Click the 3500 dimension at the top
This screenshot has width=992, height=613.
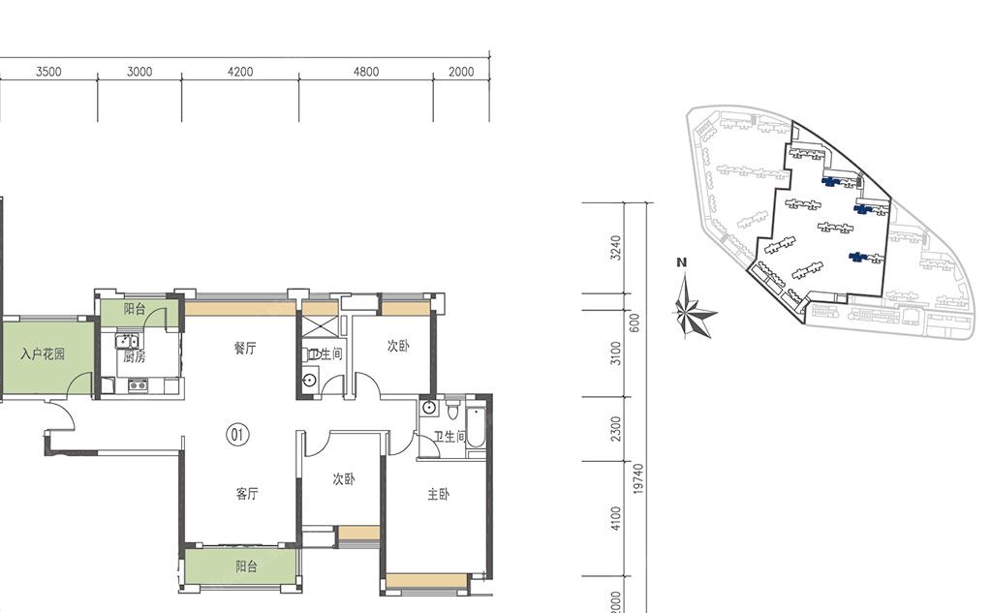tap(48, 72)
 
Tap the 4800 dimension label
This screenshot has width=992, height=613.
tap(366, 72)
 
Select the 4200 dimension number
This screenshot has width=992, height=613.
tap(240, 72)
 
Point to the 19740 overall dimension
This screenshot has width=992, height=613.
tap(637, 479)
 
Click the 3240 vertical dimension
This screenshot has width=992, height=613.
tap(616, 248)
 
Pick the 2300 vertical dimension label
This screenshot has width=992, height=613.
tap(616, 429)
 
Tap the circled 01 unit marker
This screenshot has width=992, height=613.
tap(237, 435)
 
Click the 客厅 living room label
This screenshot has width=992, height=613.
tap(247, 494)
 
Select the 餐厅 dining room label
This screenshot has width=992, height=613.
tap(245, 348)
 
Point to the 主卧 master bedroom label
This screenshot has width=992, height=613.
tap(439, 494)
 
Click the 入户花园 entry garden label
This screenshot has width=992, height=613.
tap(43, 353)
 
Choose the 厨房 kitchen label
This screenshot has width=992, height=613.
tap(134, 356)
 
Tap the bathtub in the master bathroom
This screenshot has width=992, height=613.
tap(476, 428)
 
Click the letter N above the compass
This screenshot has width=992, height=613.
tap(681, 262)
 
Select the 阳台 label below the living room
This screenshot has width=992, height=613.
tap(246, 567)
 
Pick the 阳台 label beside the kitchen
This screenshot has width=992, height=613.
tap(134, 309)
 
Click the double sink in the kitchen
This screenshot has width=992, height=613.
tap(127, 342)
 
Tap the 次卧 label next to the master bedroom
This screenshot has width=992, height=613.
tap(344, 479)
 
